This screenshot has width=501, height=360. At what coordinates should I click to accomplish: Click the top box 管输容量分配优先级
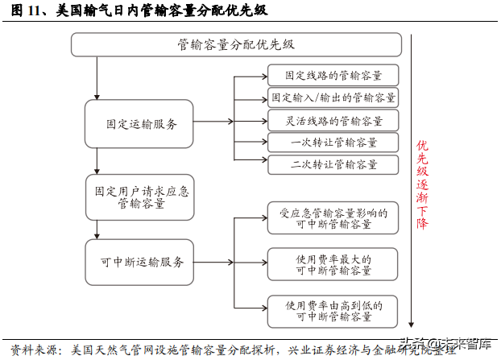236,44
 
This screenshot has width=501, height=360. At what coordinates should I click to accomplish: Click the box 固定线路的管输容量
333,75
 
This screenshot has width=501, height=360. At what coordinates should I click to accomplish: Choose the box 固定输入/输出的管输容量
333,97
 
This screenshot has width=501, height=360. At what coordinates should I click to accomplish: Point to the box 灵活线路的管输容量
333,120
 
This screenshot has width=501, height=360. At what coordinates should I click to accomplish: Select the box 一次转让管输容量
333,143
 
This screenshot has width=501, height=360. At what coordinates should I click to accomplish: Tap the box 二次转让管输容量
333,164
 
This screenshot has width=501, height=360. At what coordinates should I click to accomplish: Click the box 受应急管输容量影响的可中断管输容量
333,218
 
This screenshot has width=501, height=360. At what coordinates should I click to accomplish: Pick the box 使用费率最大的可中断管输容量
333,265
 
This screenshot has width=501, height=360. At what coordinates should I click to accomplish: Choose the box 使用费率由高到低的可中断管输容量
333,311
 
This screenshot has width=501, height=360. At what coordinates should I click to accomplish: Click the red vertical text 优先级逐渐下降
421,184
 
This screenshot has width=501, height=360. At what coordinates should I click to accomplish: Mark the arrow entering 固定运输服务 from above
97,89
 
